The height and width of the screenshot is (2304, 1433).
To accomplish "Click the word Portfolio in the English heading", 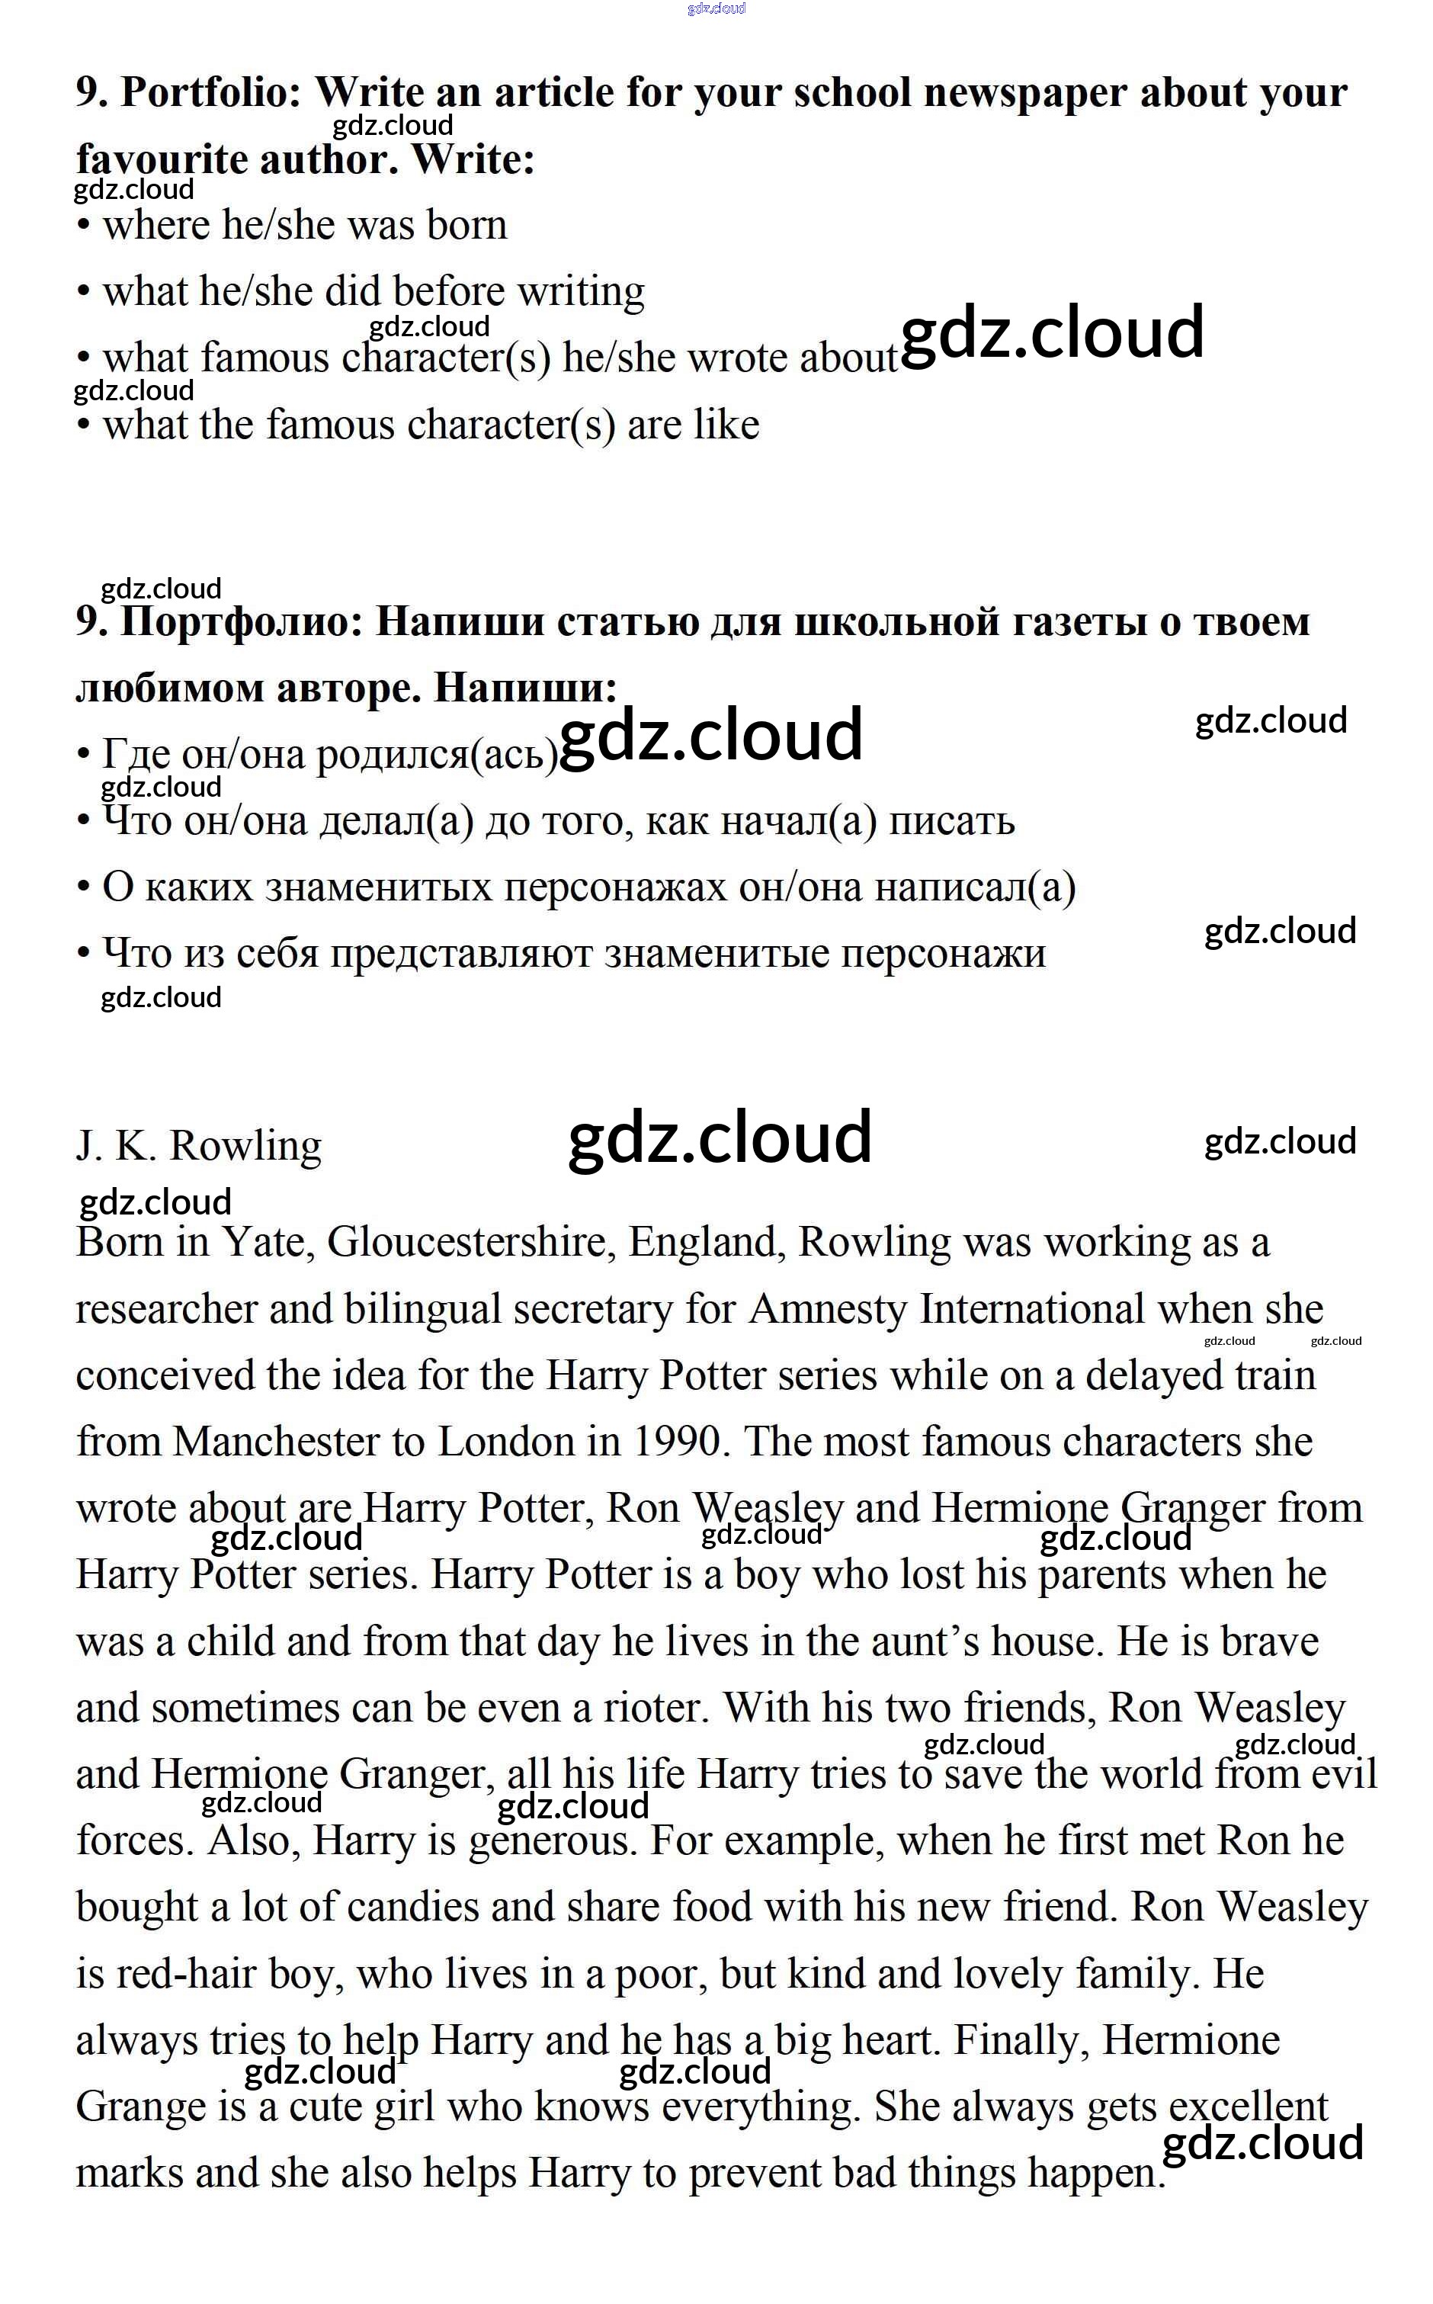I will [210, 93].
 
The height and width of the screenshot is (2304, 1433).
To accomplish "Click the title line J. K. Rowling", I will [199, 1146].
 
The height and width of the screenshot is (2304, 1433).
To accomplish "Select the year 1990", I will [677, 1442].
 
